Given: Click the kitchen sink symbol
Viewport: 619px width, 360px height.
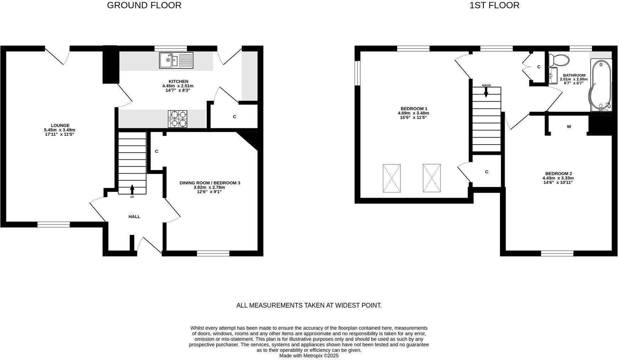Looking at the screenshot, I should click(176, 60).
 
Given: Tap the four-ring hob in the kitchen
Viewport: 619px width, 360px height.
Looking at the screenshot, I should click(178, 119).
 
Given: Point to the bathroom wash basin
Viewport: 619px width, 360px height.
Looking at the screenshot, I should click(553, 75).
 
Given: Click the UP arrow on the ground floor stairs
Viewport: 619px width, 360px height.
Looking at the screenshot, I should click(132, 189).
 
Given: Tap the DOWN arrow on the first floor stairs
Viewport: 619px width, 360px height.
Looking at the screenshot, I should click(486, 92).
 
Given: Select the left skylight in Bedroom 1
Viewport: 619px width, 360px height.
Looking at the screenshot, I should click(392, 178).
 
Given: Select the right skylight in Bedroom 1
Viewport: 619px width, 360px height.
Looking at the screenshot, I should click(432, 178).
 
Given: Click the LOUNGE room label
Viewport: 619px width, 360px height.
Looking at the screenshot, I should click(60, 125).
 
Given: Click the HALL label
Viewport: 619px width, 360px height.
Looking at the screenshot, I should click(134, 216).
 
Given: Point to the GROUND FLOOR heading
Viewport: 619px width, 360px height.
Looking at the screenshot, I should click(144, 5).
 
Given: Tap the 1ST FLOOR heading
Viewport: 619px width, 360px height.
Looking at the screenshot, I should click(494, 5).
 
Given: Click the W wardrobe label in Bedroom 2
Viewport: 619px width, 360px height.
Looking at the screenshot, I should click(569, 126).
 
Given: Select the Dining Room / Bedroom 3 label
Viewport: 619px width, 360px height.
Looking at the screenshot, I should click(210, 183).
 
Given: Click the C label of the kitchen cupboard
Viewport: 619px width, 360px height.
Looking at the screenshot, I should click(234, 117).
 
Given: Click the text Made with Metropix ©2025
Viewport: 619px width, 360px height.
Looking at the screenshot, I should click(309, 355).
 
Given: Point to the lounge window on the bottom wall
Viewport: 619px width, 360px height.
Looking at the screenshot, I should click(54, 224).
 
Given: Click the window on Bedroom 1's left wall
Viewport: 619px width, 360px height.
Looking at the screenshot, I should click(358, 73).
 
